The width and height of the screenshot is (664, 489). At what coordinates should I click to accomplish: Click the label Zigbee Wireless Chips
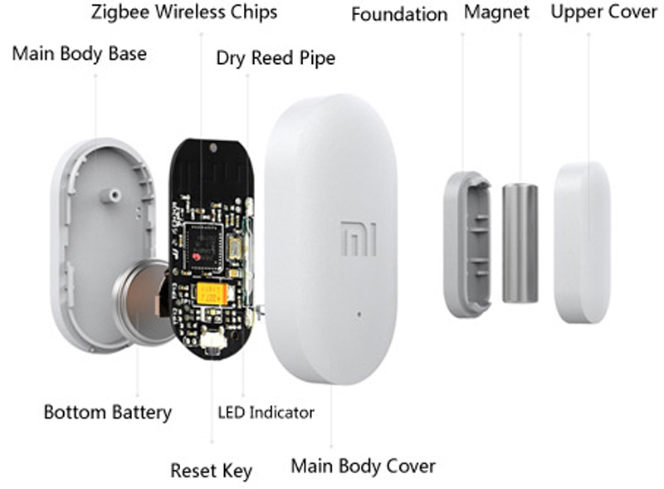click(184, 12)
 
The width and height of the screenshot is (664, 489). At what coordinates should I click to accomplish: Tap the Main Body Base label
click(79, 54)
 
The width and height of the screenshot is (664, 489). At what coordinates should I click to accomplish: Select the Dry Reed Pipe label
click(276, 58)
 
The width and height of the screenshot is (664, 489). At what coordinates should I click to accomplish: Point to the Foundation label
click(399, 14)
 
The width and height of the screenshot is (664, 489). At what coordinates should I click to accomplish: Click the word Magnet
click(496, 12)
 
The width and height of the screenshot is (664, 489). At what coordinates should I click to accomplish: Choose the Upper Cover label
click(604, 12)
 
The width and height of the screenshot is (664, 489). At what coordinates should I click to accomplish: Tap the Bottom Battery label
click(108, 412)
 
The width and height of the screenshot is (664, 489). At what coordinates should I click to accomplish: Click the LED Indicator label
click(266, 413)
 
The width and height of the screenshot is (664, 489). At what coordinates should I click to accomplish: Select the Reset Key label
click(211, 471)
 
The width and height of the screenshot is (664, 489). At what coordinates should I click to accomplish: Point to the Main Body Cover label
click(363, 466)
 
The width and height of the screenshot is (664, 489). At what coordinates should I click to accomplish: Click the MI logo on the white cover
click(359, 238)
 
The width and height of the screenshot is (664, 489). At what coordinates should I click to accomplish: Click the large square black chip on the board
click(203, 247)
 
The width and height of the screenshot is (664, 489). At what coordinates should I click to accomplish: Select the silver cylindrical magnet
click(520, 243)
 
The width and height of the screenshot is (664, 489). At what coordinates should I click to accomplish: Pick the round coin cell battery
click(143, 301)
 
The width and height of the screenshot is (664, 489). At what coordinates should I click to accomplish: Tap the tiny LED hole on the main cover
click(359, 315)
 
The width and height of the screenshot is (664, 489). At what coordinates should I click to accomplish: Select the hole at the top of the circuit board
click(213, 148)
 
